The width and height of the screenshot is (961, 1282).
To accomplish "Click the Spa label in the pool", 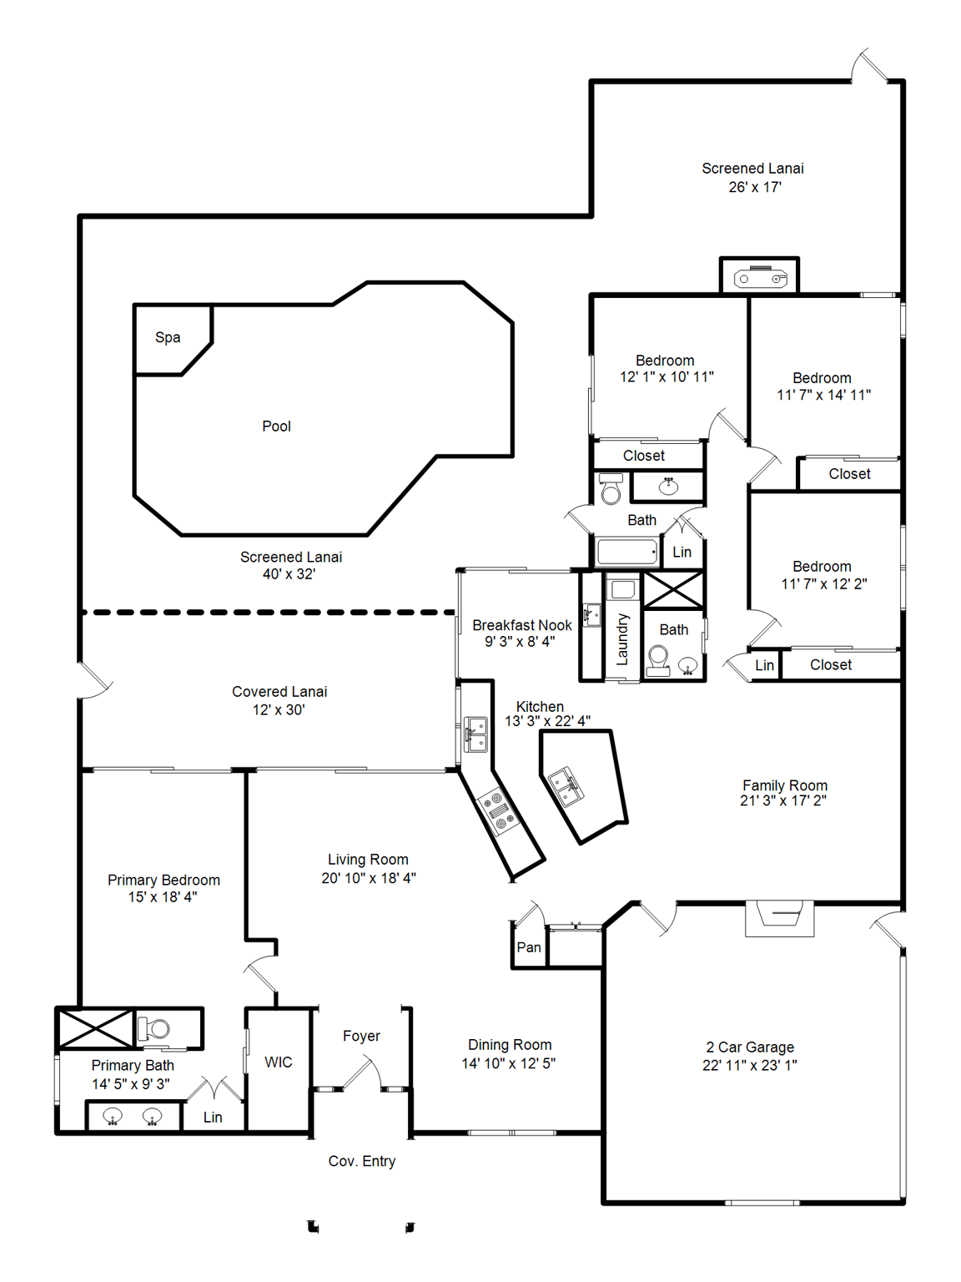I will click(x=168, y=338).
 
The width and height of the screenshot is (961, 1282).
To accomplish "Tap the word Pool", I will click(x=276, y=426).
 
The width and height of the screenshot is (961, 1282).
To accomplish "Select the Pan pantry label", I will click(x=529, y=947).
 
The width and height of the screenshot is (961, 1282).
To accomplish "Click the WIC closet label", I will click(x=279, y=1062).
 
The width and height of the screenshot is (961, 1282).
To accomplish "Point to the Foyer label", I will click(x=361, y=1036).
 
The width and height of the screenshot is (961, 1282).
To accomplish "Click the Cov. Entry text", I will click(x=362, y=1161).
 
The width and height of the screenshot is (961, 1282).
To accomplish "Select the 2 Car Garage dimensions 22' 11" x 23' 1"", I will click(x=749, y=1065).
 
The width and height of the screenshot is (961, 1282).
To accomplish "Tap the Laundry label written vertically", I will click(x=622, y=639).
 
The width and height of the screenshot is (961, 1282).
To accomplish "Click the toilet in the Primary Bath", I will click(x=156, y=1029).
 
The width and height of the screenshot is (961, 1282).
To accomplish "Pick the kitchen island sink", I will click(x=565, y=785).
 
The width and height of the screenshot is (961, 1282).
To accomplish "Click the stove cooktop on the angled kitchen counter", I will click(x=499, y=811).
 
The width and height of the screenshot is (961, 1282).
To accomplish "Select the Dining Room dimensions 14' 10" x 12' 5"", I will click(x=509, y=1063).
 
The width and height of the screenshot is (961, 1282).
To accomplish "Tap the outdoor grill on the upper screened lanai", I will click(x=759, y=278).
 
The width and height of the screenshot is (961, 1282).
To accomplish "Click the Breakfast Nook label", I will click(x=522, y=625).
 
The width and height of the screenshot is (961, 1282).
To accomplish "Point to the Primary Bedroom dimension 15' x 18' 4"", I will click(x=163, y=897).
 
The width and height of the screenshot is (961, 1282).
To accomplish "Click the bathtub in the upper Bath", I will click(x=627, y=552).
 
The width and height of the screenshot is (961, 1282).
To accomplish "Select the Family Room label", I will click(x=785, y=785).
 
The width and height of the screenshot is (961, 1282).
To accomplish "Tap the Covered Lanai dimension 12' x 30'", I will click(x=279, y=709).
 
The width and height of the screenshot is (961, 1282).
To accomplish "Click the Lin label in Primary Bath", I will click(x=213, y=1118).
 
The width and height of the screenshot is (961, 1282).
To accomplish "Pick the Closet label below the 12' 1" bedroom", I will click(x=644, y=456).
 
